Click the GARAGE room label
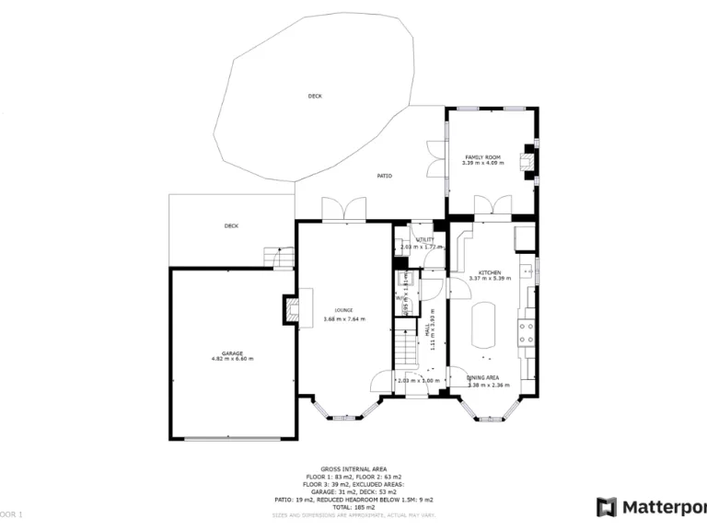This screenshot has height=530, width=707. [x=232, y=353]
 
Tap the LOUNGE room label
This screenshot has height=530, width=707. [x=343, y=310]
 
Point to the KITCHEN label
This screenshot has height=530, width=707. [x=489, y=272]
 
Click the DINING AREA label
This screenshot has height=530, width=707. [x=483, y=378]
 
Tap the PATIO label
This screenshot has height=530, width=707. [x=385, y=176]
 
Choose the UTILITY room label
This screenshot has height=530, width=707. [x=424, y=239]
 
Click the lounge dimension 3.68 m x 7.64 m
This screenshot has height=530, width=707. [x=343, y=319]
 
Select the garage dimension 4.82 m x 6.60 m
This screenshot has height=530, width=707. [x=232, y=359]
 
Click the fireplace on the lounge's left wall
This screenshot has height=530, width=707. [x=291, y=308]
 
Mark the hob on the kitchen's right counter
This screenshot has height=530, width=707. [x=527, y=332]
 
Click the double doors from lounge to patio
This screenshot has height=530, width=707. [x=343, y=210]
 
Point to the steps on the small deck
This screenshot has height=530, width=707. [x=273, y=257]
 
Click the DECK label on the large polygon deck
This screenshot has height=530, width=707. [x=315, y=96]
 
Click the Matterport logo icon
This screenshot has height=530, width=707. [x=607, y=507]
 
